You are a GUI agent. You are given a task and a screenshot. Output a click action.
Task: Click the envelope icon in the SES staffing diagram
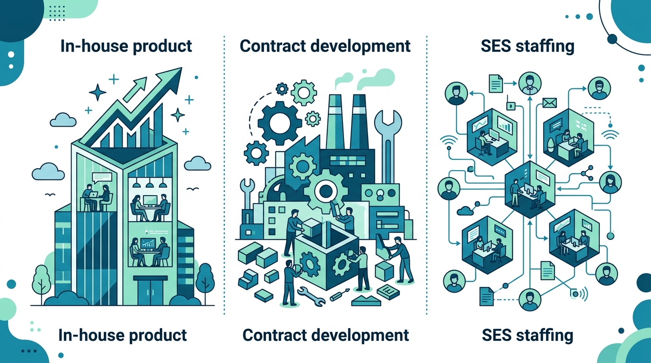(x=550, y=103)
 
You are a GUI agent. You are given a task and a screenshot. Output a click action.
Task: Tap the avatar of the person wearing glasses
(x=599, y=88)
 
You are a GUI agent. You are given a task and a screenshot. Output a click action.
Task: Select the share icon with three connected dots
(x=587, y=173)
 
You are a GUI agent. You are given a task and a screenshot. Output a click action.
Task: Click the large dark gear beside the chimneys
(x=280, y=123)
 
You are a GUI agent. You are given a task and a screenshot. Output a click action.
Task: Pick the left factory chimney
(x=337, y=122)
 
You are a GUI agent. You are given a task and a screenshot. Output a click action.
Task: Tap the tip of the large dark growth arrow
(x=182, y=68)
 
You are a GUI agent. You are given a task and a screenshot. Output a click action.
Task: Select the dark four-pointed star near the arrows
(x=97, y=92)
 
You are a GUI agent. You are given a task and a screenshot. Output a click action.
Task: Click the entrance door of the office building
(x=150, y=292)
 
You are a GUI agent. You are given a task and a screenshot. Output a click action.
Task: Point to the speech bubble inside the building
(x=102, y=177)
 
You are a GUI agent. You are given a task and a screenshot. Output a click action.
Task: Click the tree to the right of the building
(x=205, y=281)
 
